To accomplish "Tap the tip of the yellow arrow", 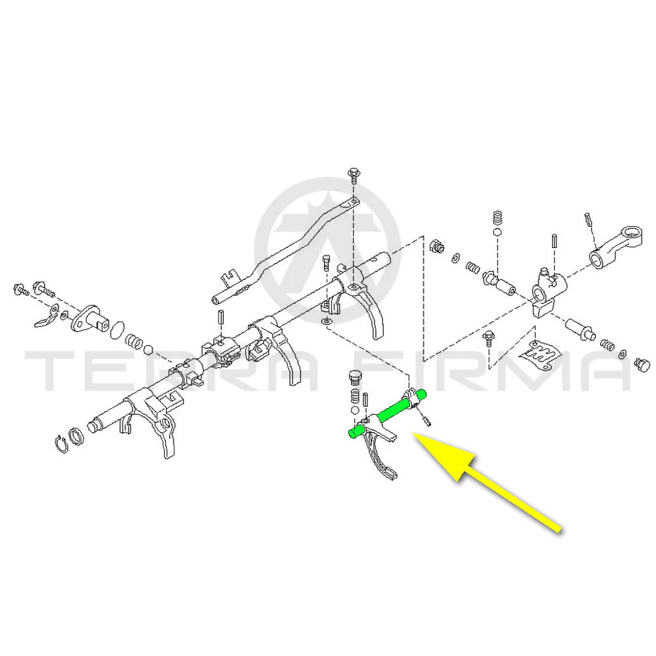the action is [413, 434].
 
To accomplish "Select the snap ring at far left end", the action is [62, 444].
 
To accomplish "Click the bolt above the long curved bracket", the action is [354, 176].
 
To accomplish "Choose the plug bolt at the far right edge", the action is [642, 365].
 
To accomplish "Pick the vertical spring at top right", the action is [497, 218].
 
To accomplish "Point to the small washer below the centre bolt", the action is [326, 321].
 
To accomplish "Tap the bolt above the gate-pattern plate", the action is [488, 338].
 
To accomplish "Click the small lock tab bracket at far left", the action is [47, 317].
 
